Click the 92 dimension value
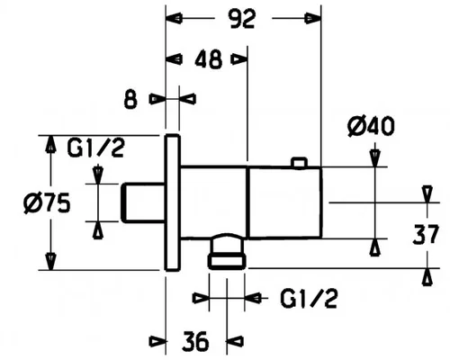[242, 19]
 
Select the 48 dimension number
[209, 59]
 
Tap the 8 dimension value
[130, 99]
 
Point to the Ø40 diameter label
[371, 126]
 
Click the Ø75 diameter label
[47, 202]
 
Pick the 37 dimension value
[426, 234]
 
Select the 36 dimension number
[195, 341]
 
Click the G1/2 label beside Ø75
[95, 148]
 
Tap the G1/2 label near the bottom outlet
[310, 299]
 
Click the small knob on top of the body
[300, 162]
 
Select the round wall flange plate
[173, 202]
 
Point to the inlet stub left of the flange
[143, 202]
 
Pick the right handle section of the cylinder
[285, 202]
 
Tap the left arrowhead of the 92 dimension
[174, 19]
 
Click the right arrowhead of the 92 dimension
[313, 19]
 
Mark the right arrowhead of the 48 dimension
[239, 59]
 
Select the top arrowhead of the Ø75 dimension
[50, 144]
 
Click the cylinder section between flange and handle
[214, 202]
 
